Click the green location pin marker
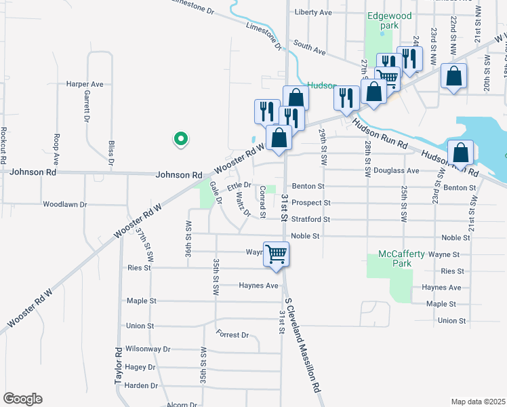(180, 140)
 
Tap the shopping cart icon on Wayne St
(276, 254)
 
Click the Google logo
(22, 399)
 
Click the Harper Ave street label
(85, 84)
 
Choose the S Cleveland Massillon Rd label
(302, 346)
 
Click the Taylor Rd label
(119, 366)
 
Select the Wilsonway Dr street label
(148, 349)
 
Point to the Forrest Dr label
(232, 334)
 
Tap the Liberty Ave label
(313, 12)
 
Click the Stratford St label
(310, 219)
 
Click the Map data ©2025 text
(478, 402)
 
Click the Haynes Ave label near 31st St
(258, 286)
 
